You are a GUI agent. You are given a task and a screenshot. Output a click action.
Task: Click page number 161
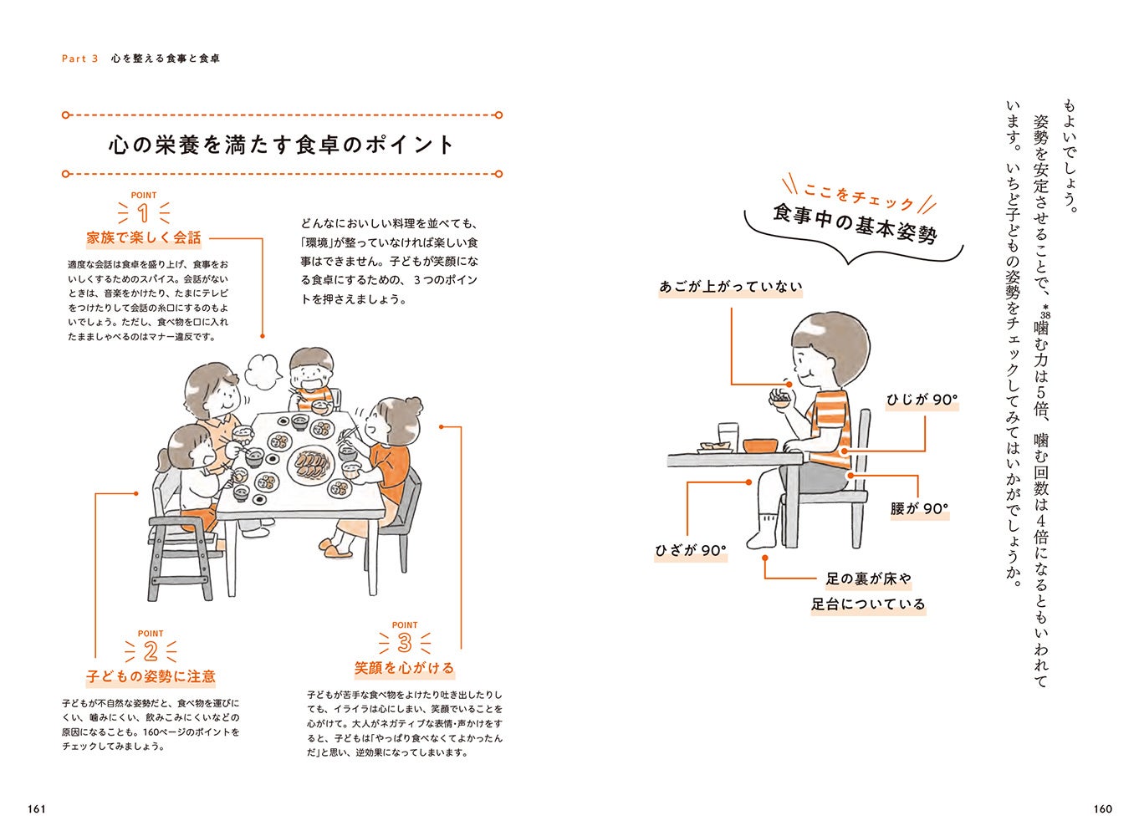[x=37, y=809]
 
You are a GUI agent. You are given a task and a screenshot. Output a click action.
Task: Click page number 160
[x=1102, y=809]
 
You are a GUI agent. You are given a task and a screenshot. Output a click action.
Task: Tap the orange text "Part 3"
[x=79, y=59]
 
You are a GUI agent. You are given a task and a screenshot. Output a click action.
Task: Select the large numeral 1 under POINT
[x=143, y=213]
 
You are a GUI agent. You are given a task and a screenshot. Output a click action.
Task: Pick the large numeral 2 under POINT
[x=151, y=651]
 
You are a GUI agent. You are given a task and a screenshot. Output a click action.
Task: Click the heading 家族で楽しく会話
[x=144, y=237]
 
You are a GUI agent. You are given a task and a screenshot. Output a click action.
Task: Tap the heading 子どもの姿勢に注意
[x=151, y=676]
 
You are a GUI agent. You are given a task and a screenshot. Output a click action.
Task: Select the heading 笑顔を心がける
[x=404, y=668]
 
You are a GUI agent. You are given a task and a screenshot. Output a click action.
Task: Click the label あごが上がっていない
[x=731, y=287]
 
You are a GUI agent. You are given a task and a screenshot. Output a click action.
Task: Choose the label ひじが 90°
[x=922, y=400]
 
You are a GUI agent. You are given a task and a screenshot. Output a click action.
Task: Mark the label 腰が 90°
[x=919, y=509]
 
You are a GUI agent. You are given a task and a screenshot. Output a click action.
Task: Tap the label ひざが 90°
[x=691, y=550]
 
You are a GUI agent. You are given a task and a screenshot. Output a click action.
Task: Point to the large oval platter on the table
[x=311, y=463]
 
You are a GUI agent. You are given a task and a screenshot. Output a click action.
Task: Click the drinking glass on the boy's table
[x=728, y=436]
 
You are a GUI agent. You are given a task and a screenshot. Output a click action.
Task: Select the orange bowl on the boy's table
[x=760, y=446]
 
